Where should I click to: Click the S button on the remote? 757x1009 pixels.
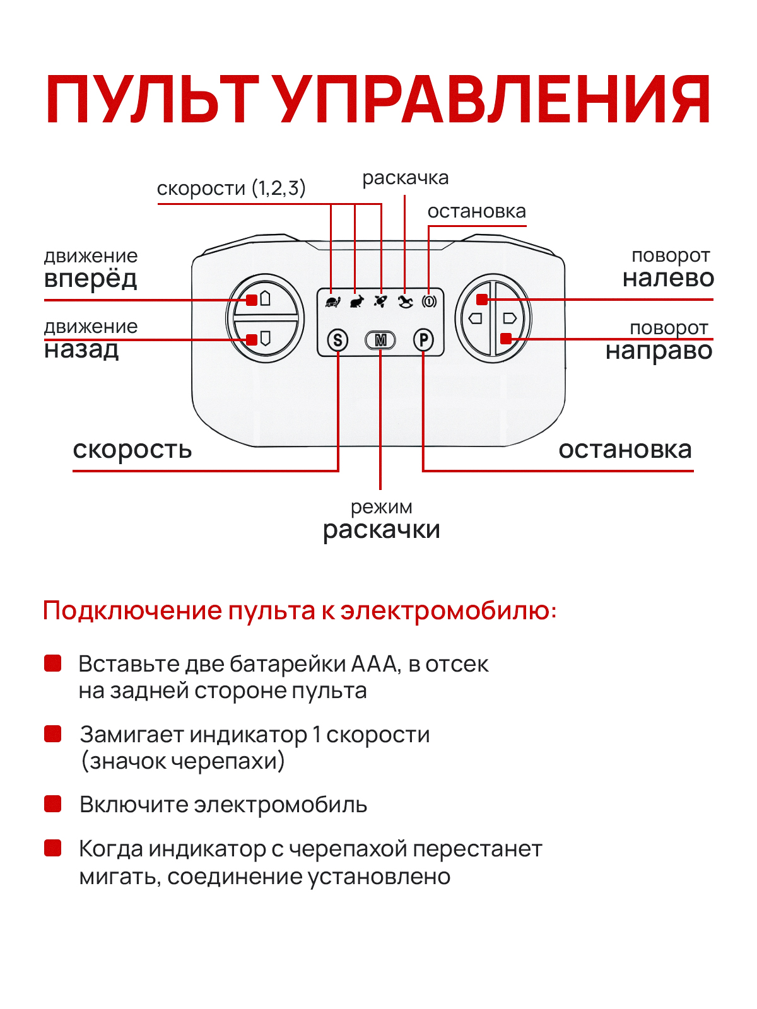(x=338, y=341)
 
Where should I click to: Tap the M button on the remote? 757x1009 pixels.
(x=380, y=341)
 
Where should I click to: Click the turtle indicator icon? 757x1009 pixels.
(x=332, y=301)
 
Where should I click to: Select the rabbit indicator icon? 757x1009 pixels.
(x=356, y=301)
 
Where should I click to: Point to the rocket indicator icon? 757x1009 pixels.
(x=380, y=301)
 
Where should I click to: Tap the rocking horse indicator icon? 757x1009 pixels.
(x=405, y=301)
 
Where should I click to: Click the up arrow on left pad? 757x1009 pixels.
(x=266, y=298)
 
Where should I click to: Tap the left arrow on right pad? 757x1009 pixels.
(x=476, y=318)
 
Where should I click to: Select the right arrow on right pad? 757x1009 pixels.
(x=510, y=318)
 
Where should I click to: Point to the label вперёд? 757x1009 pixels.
(x=90, y=278)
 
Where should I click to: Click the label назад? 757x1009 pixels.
(x=81, y=349)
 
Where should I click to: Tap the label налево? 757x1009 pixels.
(x=668, y=278)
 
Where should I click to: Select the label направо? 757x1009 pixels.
(x=659, y=351)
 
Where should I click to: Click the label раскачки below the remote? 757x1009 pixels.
(x=381, y=530)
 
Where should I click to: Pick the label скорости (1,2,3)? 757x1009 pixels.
(x=231, y=188)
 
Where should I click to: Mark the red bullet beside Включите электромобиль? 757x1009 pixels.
(x=53, y=804)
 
